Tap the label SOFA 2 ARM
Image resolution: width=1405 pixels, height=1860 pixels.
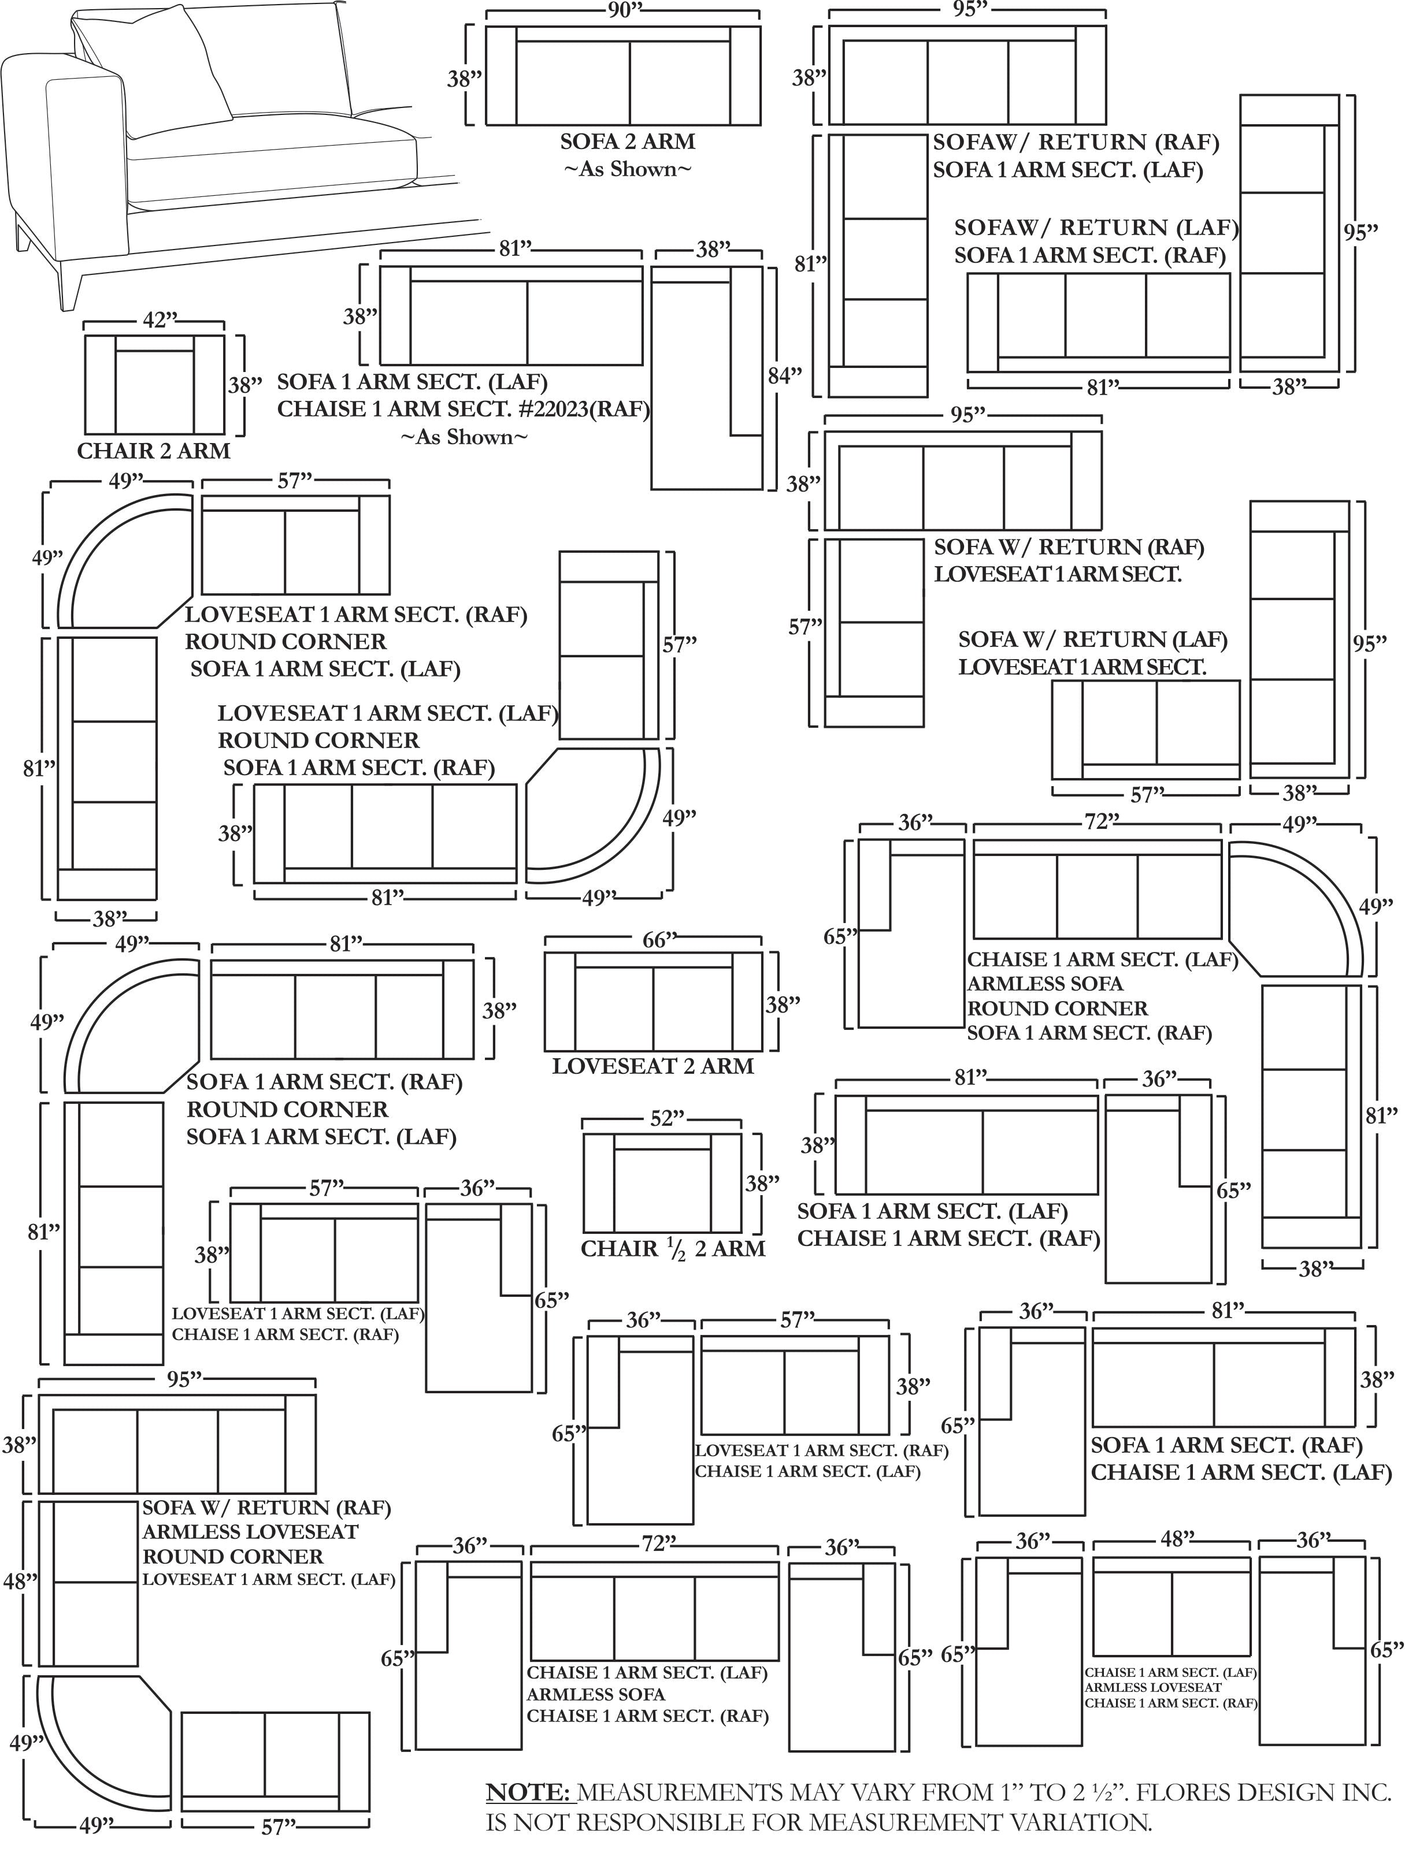(628, 142)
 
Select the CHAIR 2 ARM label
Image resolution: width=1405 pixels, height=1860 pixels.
(154, 452)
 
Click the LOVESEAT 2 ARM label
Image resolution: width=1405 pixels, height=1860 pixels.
(653, 1066)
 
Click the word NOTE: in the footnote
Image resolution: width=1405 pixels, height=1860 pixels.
(530, 1793)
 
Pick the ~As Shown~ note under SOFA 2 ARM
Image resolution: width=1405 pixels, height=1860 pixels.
(628, 169)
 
